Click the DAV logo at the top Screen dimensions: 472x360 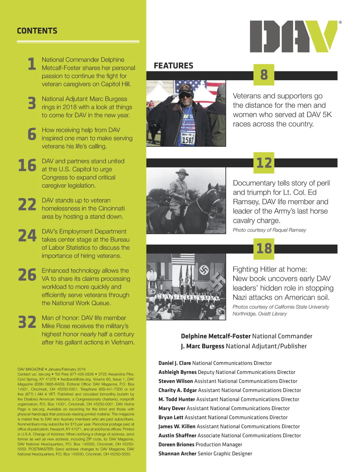click(x=293, y=36)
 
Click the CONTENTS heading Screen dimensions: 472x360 click(x=37, y=31)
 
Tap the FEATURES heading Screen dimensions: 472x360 click(x=173, y=66)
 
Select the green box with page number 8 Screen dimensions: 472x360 click(x=264, y=75)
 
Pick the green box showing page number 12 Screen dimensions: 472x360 click(x=264, y=163)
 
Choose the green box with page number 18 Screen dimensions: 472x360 click(x=264, y=249)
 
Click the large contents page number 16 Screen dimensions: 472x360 click(x=27, y=165)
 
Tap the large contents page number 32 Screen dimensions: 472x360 click(x=27, y=322)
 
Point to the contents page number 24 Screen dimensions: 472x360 click(x=27, y=236)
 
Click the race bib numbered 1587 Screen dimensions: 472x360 click(x=188, y=139)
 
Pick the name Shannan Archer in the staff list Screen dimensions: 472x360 click(x=177, y=453)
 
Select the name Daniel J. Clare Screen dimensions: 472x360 click(x=175, y=363)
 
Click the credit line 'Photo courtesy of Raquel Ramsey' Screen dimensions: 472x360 click(x=269, y=230)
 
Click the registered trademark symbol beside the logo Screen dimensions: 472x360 click(x=340, y=22)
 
